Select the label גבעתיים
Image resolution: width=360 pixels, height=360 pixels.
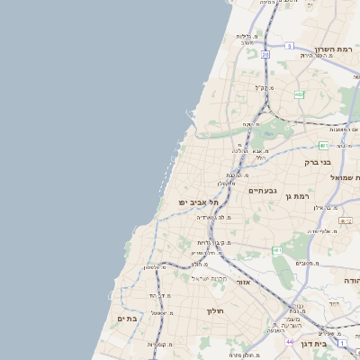click(x=264, y=190)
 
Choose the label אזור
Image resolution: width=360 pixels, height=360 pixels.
click(x=243, y=282)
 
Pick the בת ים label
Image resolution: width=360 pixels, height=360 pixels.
click(x=126, y=319)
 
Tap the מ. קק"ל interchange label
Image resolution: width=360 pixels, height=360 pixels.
click(x=262, y=88)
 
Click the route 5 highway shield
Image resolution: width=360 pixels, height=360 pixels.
click(x=289, y=44)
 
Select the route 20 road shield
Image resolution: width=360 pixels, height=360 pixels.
click(x=265, y=55)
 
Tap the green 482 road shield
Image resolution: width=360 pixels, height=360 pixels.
click(x=300, y=94)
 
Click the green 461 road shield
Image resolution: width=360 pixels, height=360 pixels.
click(x=276, y=249)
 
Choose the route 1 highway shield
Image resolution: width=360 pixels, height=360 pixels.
click(x=343, y=343)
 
